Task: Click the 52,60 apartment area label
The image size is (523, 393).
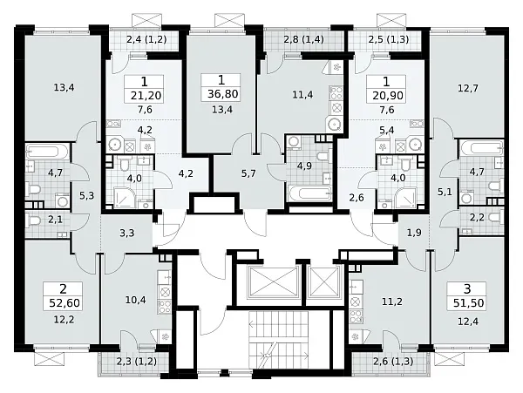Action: click(65, 303)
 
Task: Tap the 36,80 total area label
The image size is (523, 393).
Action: click(223, 93)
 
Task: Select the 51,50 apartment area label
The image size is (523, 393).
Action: click(468, 303)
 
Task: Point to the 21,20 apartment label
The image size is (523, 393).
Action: click(146, 96)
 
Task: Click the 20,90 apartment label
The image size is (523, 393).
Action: click(388, 96)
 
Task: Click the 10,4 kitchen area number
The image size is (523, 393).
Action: click(135, 301)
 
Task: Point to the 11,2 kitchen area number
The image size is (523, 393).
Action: click(392, 302)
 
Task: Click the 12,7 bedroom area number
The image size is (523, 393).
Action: click(468, 88)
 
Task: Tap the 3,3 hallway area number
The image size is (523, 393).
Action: click(127, 233)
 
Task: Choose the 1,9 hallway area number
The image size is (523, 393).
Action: click(414, 233)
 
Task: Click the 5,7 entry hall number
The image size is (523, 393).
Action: click(248, 173)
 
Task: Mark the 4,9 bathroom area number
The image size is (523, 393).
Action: click(304, 166)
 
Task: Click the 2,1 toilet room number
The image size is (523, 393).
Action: click(56, 220)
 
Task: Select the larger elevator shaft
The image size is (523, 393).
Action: click(275, 282)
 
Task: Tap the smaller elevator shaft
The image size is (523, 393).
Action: click(324, 282)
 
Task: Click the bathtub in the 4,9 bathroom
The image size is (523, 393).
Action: click(310, 193)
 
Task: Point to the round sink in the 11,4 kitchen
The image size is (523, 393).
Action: click(334, 124)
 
